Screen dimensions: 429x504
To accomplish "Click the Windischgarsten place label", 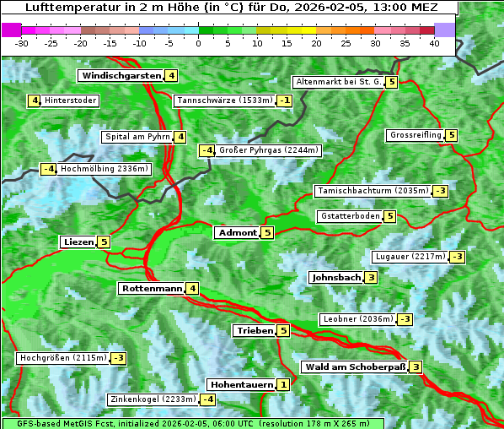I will click(121, 76).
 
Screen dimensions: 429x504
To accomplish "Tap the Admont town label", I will click(237, 233).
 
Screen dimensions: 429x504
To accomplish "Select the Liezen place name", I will click(78, 242).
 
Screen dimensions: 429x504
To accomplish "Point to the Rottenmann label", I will click(152, 289).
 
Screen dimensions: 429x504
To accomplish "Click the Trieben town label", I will click(255, 331).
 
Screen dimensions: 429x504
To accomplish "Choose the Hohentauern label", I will click(241, 385).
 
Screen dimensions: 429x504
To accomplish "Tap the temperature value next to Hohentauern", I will click(283, 385).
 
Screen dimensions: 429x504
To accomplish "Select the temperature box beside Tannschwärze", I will click(286, 101).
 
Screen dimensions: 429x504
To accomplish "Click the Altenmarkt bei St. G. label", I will click(337, 82).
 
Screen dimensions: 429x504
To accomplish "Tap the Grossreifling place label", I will click(416, 135).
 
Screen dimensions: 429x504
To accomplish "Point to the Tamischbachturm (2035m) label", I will click(372, 191).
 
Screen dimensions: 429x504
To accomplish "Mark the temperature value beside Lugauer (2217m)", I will click(457, 257).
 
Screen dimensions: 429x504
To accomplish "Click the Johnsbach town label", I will click(336, 277).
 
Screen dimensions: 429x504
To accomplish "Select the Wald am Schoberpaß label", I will click(355, 367).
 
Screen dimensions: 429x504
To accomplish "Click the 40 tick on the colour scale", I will click(434, 43).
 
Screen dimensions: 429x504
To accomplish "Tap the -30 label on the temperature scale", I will click(22, 43).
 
